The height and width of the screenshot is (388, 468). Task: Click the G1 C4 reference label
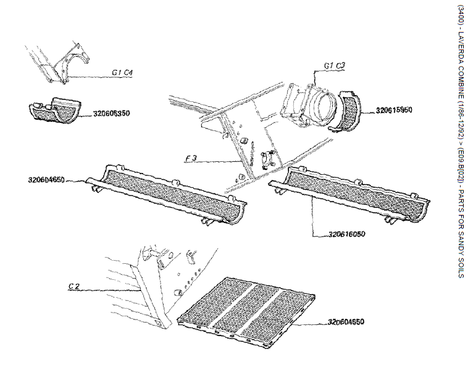[123, 72]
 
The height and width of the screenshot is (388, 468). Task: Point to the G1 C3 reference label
[335, 64]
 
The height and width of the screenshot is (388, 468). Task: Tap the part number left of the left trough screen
[47, 180]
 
